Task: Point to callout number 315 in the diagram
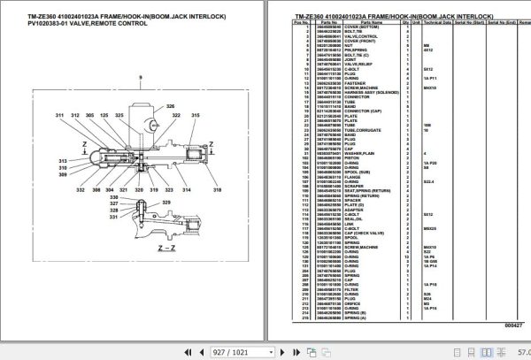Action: click(165, 116)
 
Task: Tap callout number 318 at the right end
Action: click(217, 165)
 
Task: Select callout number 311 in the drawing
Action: click(60, 116)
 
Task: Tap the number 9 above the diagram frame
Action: click(139, 79)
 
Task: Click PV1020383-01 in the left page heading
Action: click(32, 23)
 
